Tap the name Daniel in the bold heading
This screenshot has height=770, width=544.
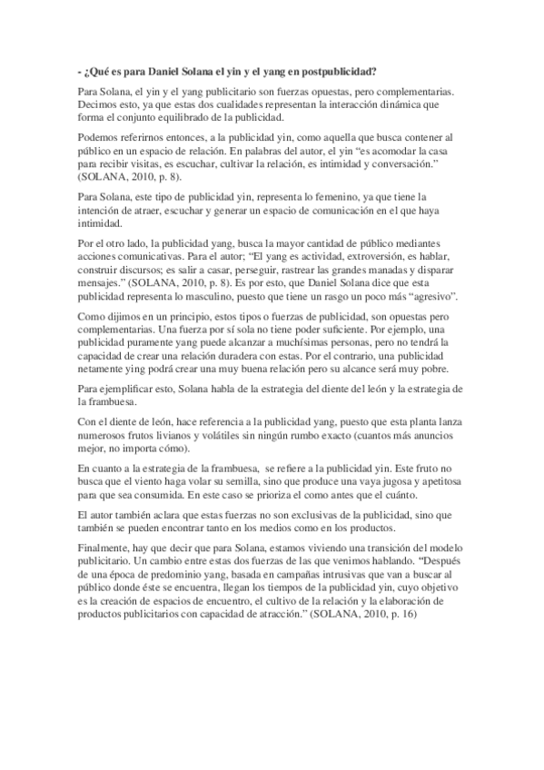click(156, 71)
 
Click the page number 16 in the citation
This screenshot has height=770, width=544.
click(433, 614)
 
